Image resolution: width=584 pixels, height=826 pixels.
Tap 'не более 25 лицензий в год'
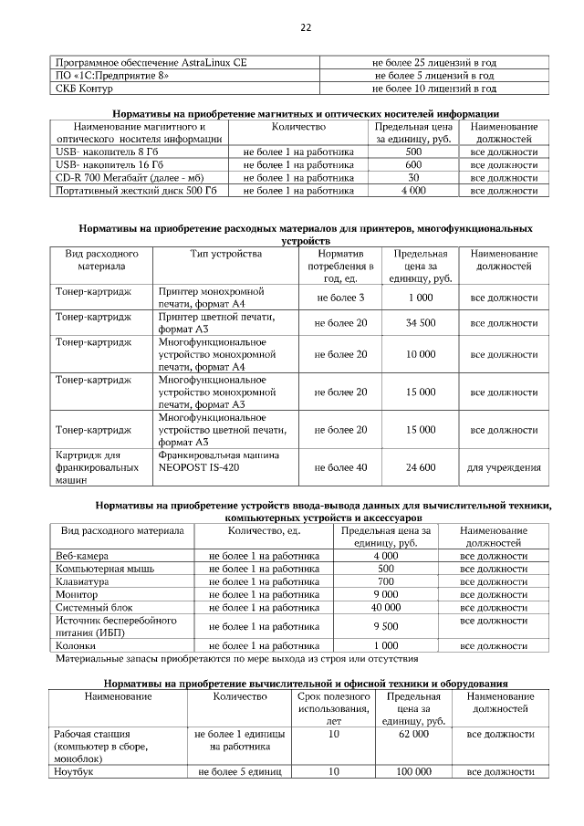[434, 63]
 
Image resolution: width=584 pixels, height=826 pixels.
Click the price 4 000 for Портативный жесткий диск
[412, 191]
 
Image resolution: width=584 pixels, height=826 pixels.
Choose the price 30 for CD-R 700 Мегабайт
[412, 178]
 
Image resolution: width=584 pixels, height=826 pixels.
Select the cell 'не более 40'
[340, 467]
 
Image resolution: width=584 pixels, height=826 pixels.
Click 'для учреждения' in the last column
[504, 467]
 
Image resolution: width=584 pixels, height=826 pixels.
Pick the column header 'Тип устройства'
[225, 253]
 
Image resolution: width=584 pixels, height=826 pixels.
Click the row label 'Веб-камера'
[82, 556]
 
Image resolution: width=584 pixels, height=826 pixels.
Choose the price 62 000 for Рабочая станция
[413, 734]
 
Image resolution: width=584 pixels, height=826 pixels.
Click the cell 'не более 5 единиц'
[239, 772]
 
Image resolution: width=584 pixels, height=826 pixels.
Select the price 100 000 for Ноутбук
[413, 772]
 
